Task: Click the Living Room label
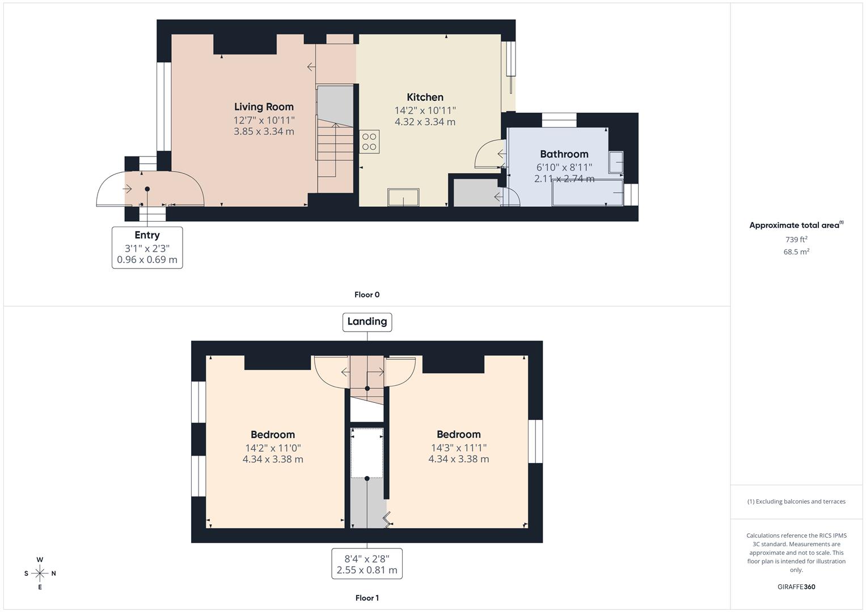pyautogui.click(x=264, y=107)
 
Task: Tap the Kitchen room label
pyautogui.click(x=425, y=97)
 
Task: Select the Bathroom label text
pyautogui.click(x=564, y=154)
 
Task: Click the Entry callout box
pyautogui.click(x=147, y=247)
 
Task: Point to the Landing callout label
pyautogui.click(x=367, y=321)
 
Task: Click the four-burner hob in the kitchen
pyautogui.click(x=369, y=142)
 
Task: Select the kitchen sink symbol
pyautogui.click(x=403, y=198)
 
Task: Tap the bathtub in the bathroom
pyautogui.click(x=587, y=194)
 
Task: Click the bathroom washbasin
pyautogui.click(x=616, y=162)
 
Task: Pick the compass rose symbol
pyautogui.click(x=40, y=573)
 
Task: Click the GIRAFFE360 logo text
pyautogui.click(x=796, y=586)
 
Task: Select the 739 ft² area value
pyautogui.click(x=796, y=240)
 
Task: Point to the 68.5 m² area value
pyautogui.click(x=796, y=252)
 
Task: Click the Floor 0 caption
pyautogui.click(x=367, y=295)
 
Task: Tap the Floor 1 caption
pyautogui.click(x=367, y=598)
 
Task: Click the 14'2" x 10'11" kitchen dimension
pyautogui.click(x=425, y=110)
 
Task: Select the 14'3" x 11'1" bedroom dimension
pyautogui.click(x=458, y=448)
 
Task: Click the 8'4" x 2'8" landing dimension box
pyautogui.click(x=367, y=564)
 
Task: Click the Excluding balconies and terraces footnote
pyautogui.click(x=796, y=501)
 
